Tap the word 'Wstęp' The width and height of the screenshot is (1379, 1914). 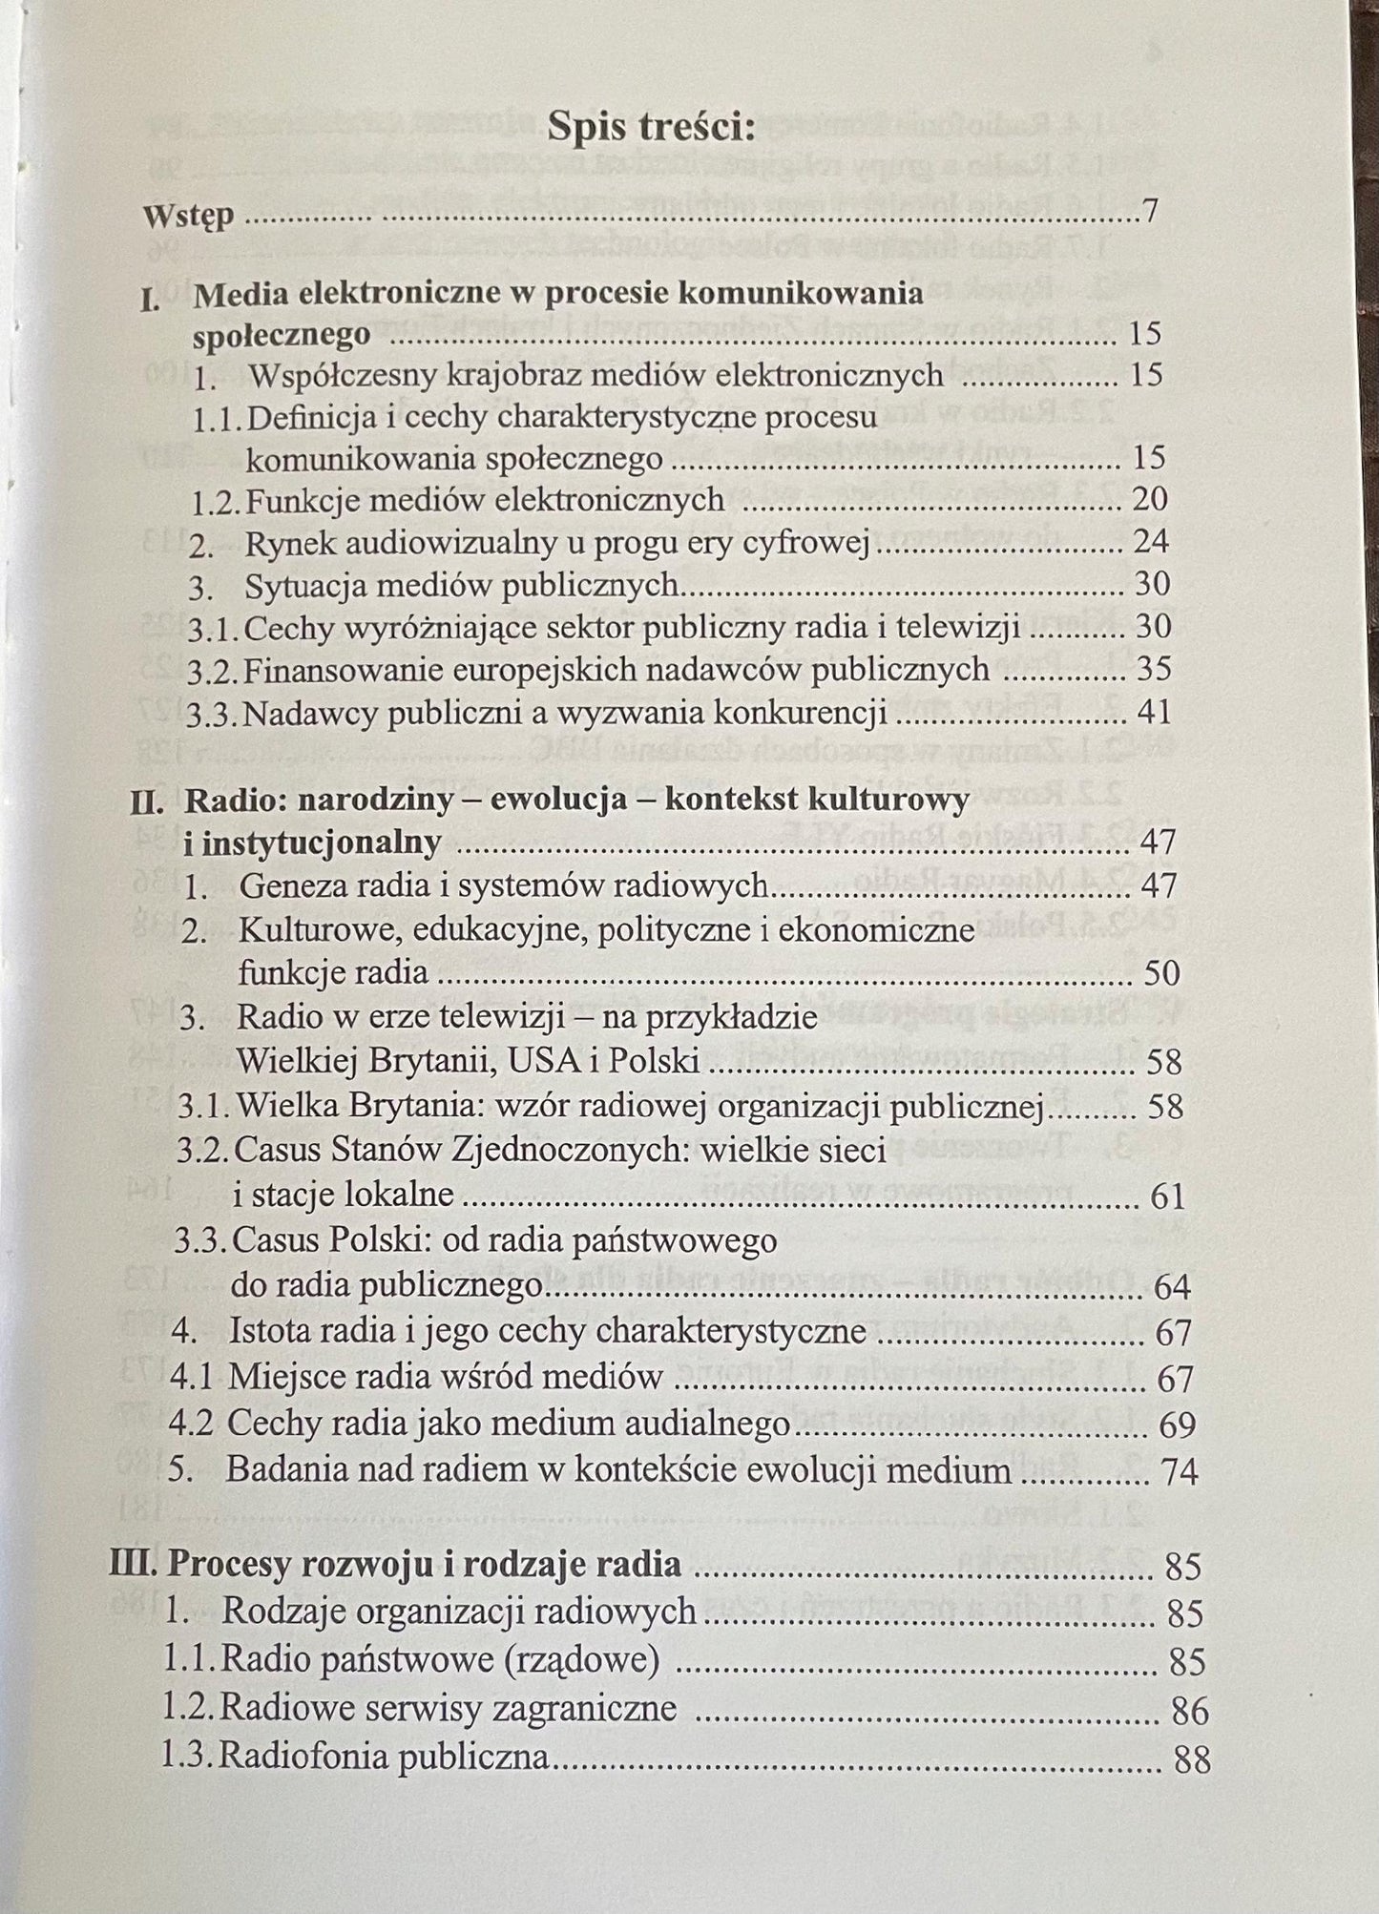point(188,215)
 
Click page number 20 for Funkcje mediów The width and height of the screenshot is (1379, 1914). point(1149,499)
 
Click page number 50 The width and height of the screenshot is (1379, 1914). point(1162,972)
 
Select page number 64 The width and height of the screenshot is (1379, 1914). point(1172,1287)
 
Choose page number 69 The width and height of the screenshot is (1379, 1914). point(1176,1425)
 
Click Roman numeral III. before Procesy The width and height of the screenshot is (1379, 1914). point(135,1566)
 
